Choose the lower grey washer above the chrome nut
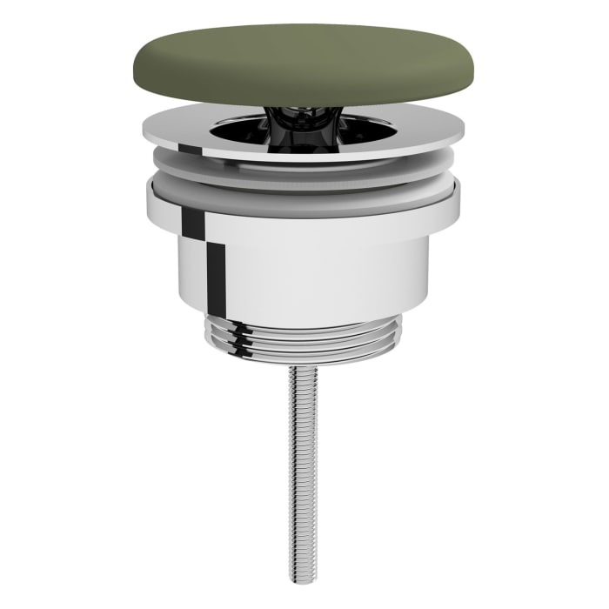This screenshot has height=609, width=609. pyautogui.click(x=304, y=209)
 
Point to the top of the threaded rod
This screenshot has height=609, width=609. pyautogui.click(x=304, y=370)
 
